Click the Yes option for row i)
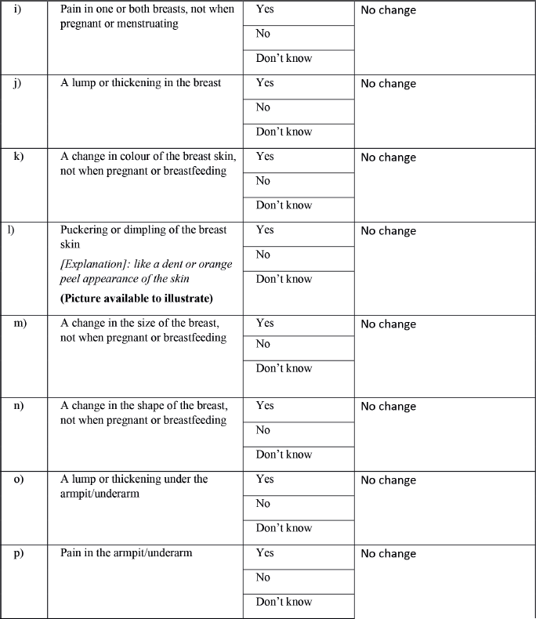265,10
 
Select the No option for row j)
263,107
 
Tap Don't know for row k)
284,205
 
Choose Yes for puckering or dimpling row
265,230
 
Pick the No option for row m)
263,344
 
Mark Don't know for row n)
284,454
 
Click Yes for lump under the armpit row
265,479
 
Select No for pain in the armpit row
263,577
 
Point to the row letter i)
18,10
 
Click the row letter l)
10,230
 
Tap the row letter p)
18,552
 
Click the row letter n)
18,405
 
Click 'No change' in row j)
388,84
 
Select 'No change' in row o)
388,480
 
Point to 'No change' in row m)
388,324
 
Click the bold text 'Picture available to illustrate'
136,299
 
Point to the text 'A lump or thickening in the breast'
141,82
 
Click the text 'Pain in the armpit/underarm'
126,552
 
